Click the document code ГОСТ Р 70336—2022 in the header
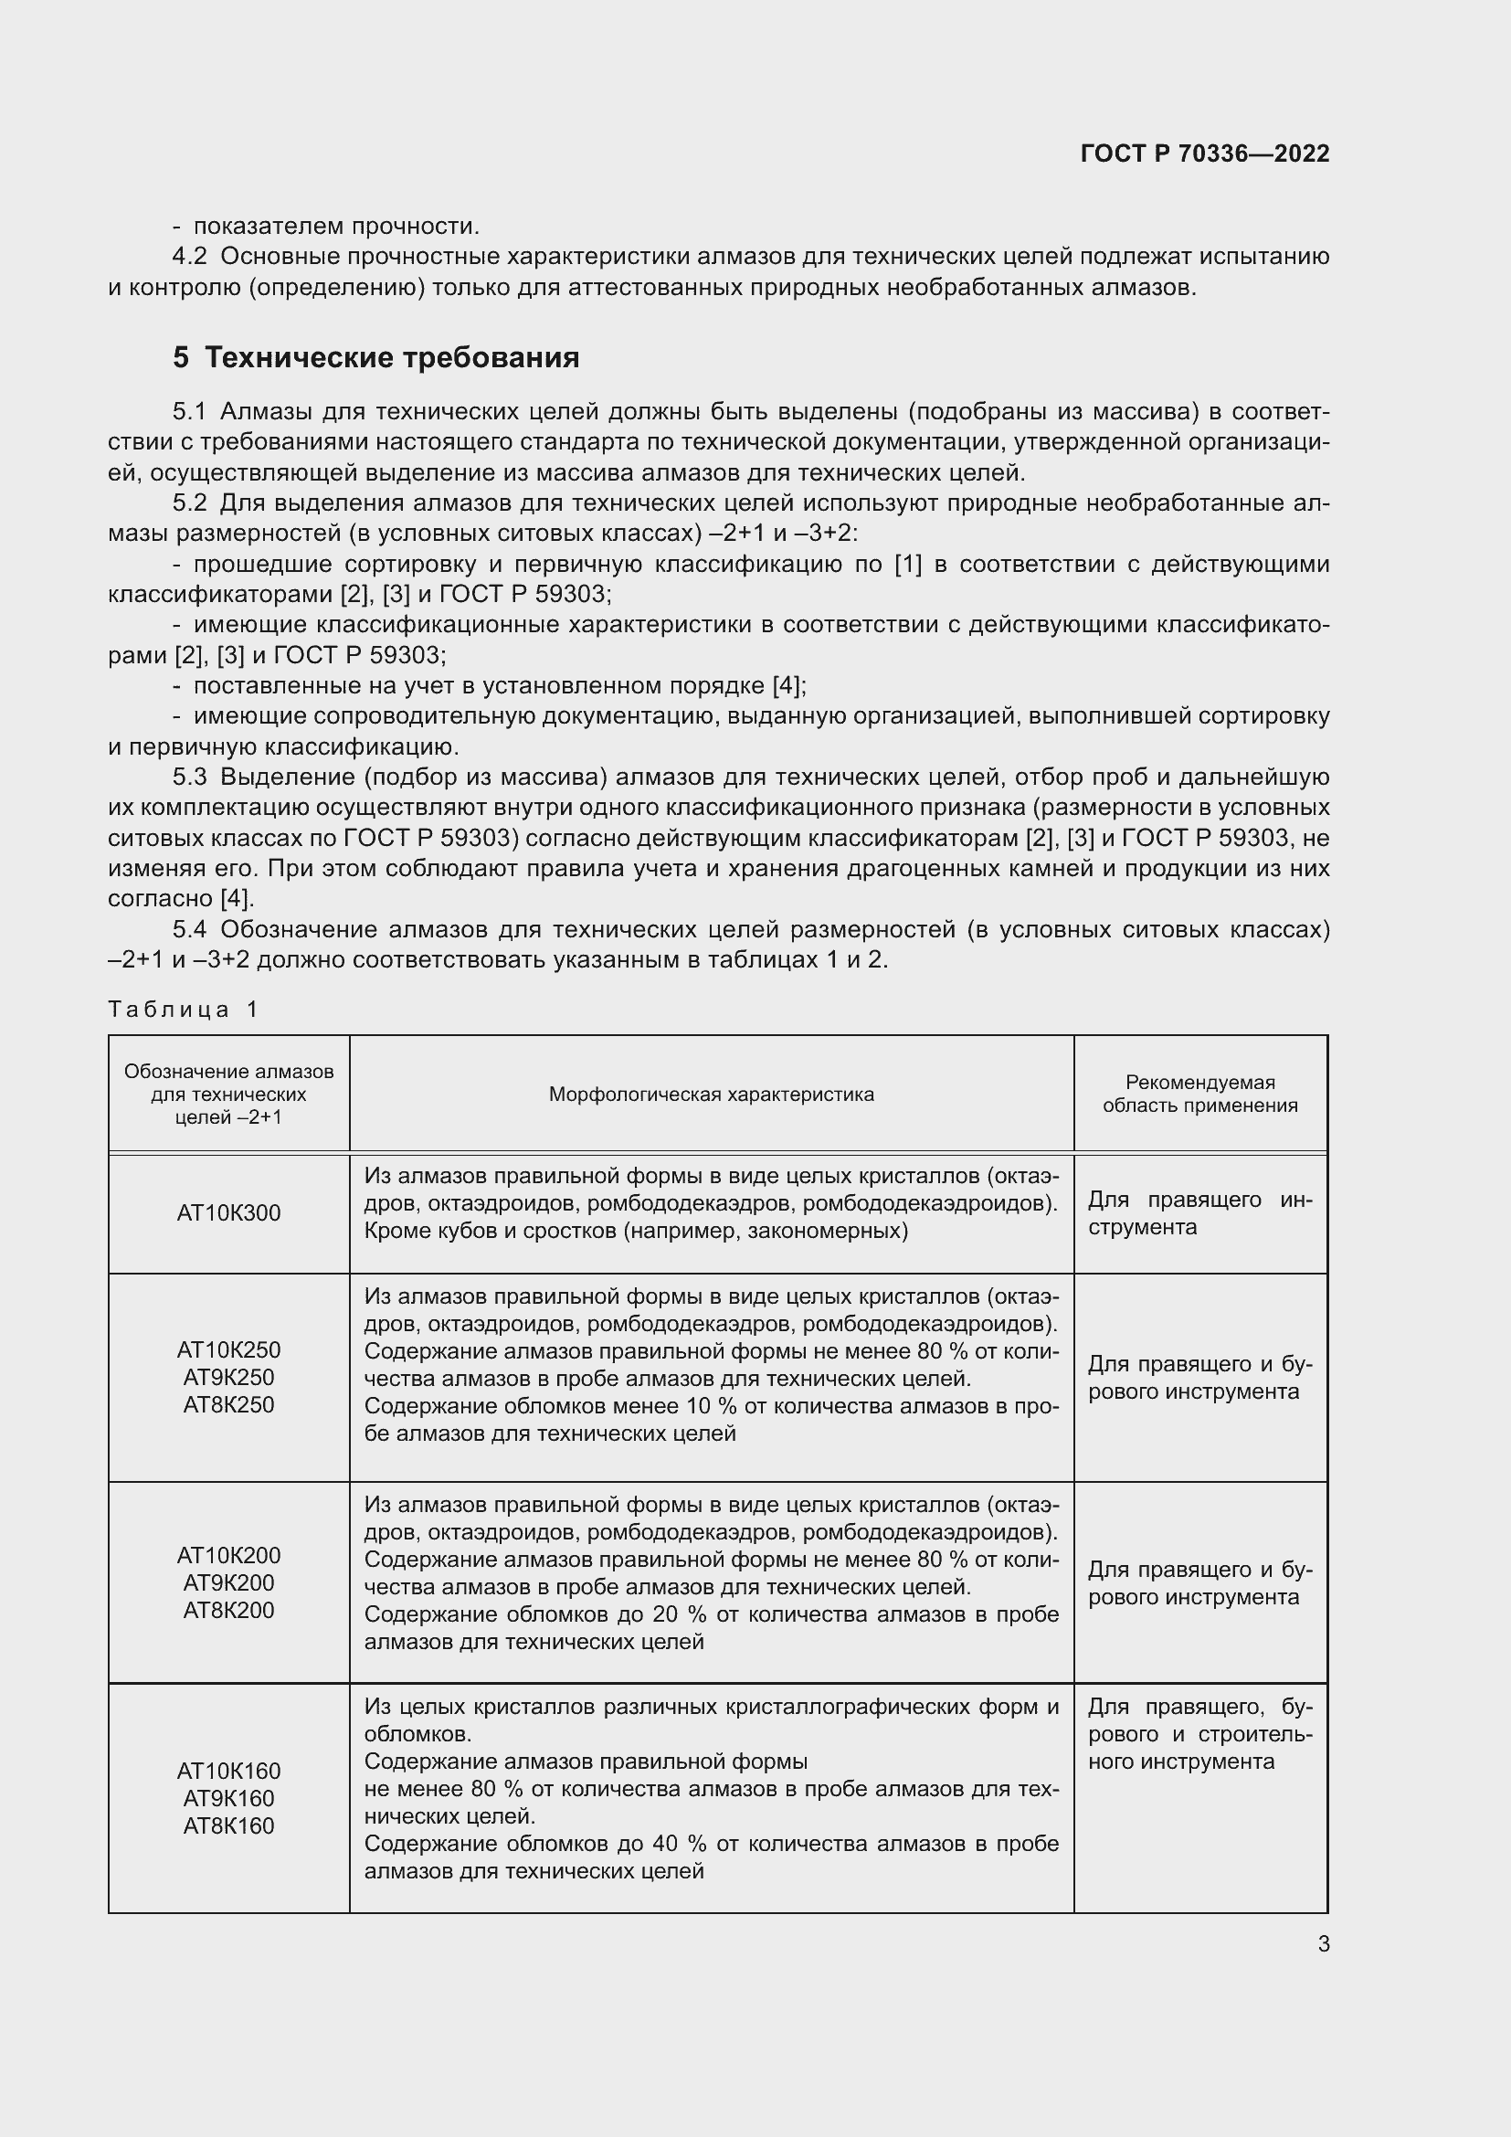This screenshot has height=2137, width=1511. click(1204, 153)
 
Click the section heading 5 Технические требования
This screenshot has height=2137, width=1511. click(375, 357)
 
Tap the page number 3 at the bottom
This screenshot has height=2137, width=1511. click(1323, 1943)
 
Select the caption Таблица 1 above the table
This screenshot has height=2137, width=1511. click(184, 1009)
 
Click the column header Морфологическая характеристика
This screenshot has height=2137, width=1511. click(711, 1094)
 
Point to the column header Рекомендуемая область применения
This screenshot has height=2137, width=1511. click(1199, 1094)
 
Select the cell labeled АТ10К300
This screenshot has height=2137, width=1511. click(228, 1212)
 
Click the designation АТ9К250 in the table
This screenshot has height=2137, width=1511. click(228, 1377)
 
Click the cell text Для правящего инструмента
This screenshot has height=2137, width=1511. click(1199, 1212)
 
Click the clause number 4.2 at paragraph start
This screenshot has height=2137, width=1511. click(190, 256)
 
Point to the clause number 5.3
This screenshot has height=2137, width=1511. click(190, 777)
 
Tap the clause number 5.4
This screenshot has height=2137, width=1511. click(190, 929)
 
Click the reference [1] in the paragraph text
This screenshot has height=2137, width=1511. click(907, 564)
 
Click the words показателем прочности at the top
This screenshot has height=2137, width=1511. click(335, 227)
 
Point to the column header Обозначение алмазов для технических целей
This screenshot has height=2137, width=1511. click(228, 1094)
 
